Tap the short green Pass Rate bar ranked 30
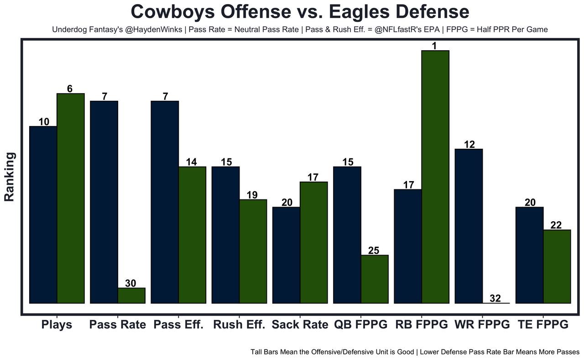click(131, 295)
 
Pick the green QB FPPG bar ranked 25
click(375, 279)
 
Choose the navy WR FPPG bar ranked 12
click(469, 226)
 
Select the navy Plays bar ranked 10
click(43, 214)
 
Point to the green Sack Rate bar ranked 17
click(313, 242)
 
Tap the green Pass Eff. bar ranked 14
click(192, 235)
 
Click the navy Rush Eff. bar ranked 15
click(226, 235)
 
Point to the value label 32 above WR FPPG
click(495, 299)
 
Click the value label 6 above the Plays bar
click(70, 89)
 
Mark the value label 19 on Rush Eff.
click(252, 195)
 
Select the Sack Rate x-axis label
click(300, 325)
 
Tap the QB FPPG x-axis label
click(360, 325)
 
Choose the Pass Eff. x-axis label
click(178, 325)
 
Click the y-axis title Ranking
click(10, 177)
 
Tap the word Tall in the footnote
click(257, 352)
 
